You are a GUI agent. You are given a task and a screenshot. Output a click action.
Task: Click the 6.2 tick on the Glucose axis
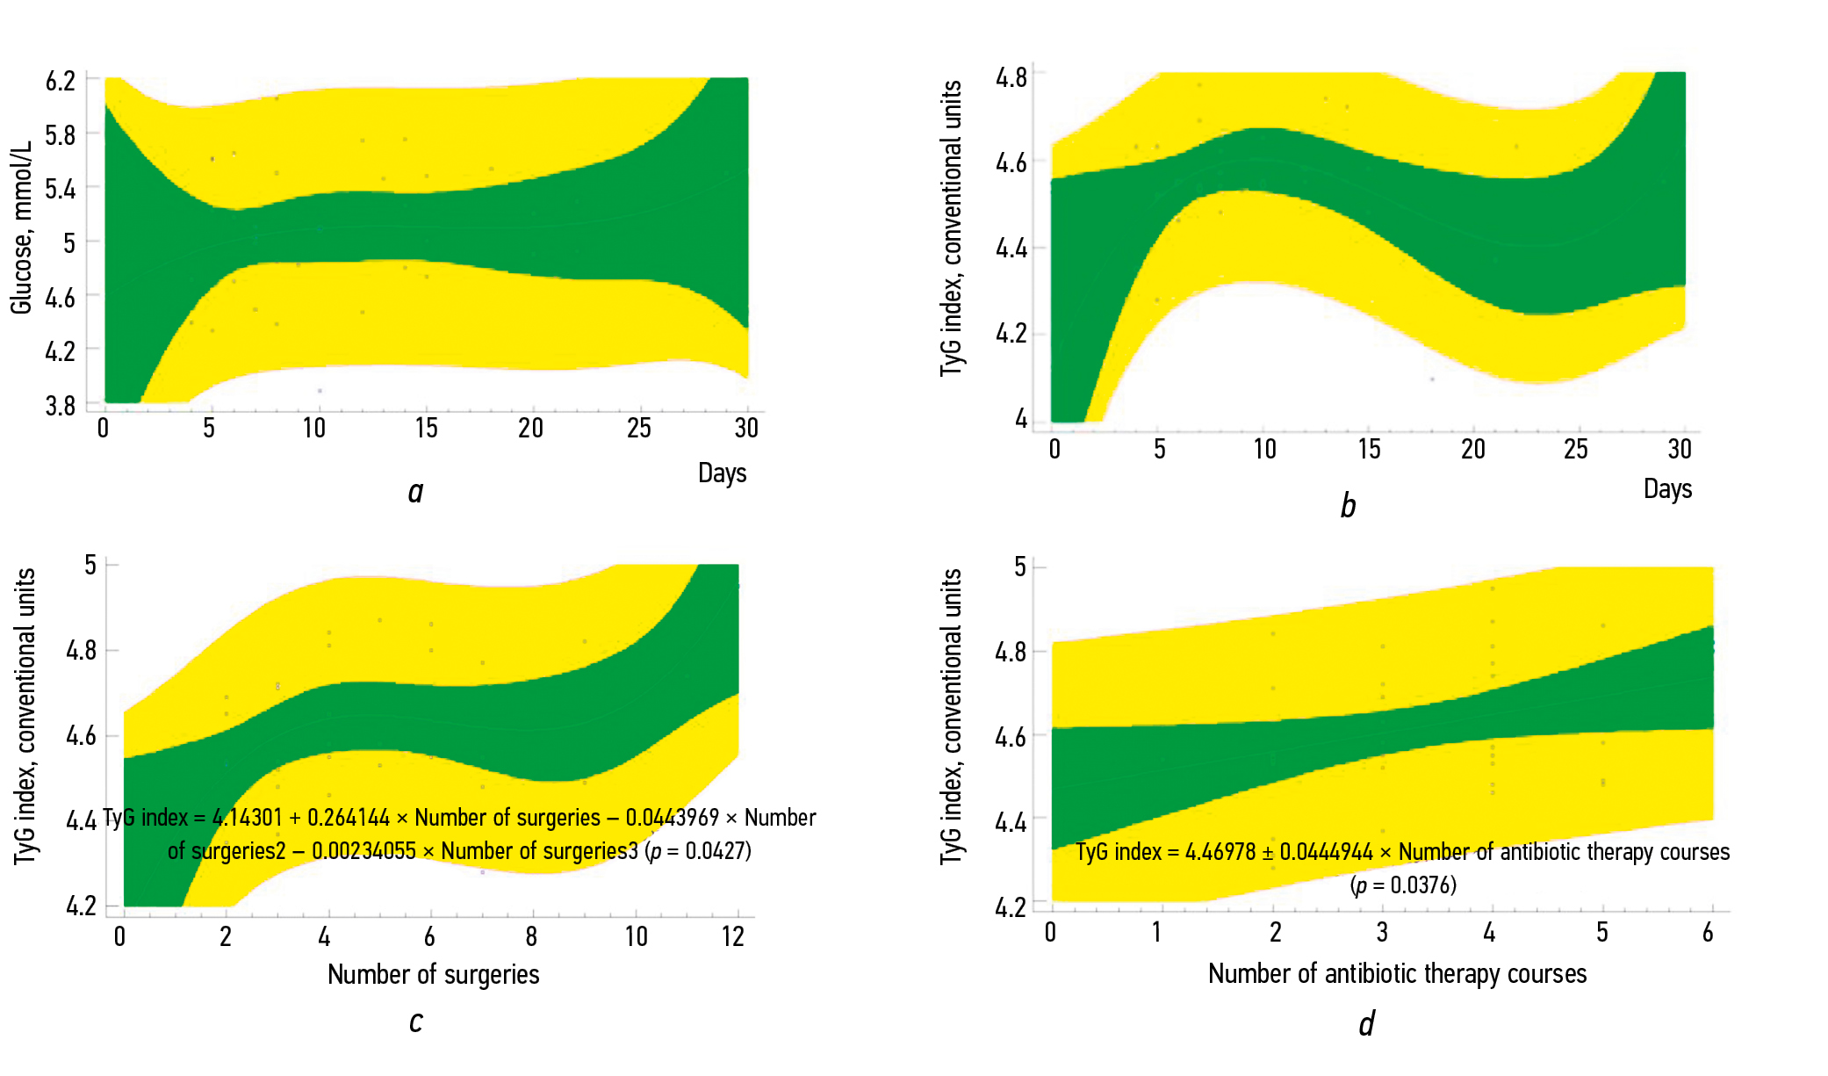(x=61, y=82)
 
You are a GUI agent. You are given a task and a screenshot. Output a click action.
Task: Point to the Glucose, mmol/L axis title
(x=21, y=227)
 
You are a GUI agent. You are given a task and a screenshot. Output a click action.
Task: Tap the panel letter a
(x=415, y=492)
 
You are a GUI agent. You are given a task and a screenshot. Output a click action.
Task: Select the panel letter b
(x=1348, y=507)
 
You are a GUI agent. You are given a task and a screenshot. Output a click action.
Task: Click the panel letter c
(x=415, y=1022)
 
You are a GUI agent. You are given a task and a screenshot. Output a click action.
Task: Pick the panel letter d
(x=1366, y=1024)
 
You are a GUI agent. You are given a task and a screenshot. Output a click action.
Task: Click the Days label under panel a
(x=722, y=473)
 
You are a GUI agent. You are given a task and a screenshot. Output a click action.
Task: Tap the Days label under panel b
(x=1667, y=488)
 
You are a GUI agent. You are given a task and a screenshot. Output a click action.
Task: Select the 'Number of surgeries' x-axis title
(x=433, y=974)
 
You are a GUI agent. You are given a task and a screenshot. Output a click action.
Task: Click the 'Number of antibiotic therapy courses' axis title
(x=1397, y=973)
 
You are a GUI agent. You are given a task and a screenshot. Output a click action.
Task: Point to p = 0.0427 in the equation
(x=699, y=851)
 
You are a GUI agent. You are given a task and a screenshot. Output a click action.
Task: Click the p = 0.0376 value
(x=1403, y=885)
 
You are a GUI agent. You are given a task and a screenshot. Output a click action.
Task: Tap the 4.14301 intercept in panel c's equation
(x=248, y=818)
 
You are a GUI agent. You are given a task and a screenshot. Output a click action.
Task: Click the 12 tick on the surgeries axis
(x=733, y=936)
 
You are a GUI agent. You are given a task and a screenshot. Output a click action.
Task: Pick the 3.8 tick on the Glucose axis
(x=61, y=406)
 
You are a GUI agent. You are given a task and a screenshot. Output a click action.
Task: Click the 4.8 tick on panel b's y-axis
(x=1011, y=78)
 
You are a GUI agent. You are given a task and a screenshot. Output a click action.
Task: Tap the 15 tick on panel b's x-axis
(x=1369, y=450)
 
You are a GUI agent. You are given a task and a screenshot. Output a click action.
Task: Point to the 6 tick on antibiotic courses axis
(x=1708, y=933)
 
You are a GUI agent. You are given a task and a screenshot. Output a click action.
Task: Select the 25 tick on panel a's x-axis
(x=639, y=429)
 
